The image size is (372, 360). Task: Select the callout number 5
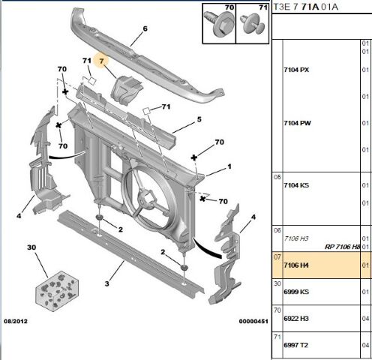coord(199,119)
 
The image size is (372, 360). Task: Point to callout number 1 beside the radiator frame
coord(229,166)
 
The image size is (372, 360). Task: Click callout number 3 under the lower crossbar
coord(108,283)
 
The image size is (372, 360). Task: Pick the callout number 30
coord(31,247)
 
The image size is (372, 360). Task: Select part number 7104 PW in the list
coord(296,123)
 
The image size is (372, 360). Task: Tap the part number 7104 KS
coord(295,185)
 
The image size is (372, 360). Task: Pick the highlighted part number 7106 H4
coord(295,265)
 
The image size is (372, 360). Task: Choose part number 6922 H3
coord(295,319)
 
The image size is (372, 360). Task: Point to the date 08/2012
coord(17,340)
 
